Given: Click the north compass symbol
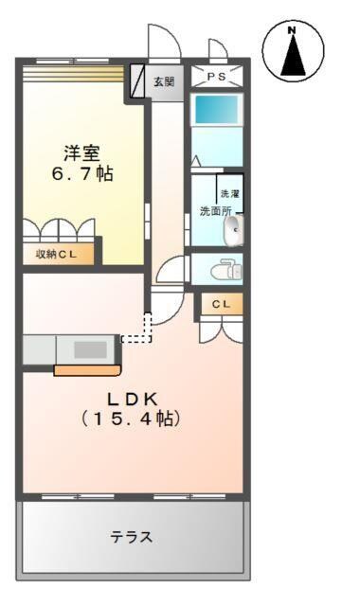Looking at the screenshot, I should pos(293,52).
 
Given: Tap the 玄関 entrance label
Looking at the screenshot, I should pos(164,81).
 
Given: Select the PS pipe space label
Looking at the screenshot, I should pos(218,77).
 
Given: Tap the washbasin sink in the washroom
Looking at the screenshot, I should pos(234,228).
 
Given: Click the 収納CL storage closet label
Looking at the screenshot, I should pos(58,254).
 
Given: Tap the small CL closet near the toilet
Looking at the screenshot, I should pos(220,304).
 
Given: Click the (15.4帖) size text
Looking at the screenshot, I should pos(130,418).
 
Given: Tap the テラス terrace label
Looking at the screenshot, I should pos(131,537).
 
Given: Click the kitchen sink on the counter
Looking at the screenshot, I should pos(90,348).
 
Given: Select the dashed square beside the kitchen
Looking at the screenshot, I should pos(140,327).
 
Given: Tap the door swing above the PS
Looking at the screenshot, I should pos(217,49).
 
